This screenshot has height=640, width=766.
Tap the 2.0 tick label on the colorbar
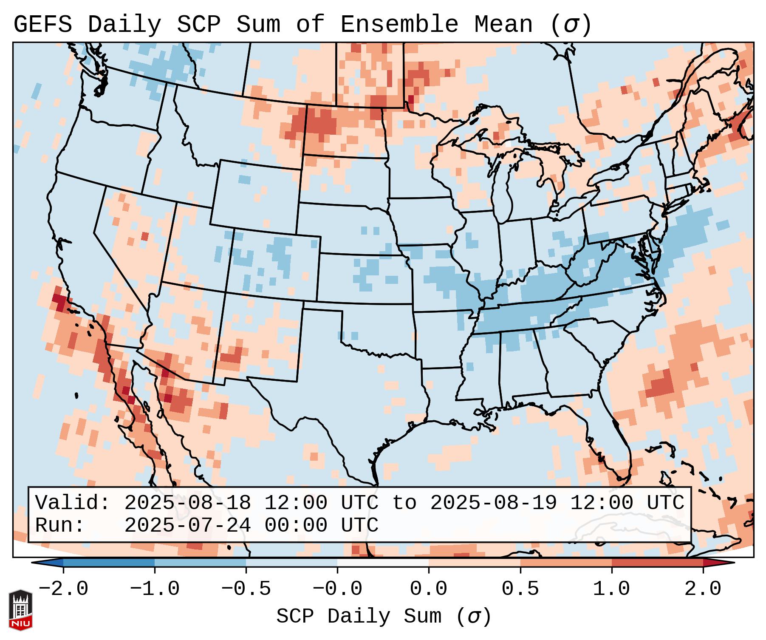[x=703, y=589]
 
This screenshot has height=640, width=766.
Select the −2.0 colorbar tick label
[x=63, y=589]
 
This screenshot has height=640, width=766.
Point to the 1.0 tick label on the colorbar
[x=611, y=589]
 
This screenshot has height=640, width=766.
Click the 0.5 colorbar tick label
[x=520, y=589]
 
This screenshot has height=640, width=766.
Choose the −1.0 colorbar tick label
[x=154, y=589]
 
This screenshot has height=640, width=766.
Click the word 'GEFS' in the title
[x=42, y=24]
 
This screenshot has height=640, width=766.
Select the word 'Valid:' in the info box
[x=73, y=503]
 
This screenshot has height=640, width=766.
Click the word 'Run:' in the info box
[x=60, y=525]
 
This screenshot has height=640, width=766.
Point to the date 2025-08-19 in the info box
[x=493, y=503]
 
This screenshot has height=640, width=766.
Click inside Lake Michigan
[x=504, y=187]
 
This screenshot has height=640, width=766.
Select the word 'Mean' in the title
[x=503, y=24]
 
